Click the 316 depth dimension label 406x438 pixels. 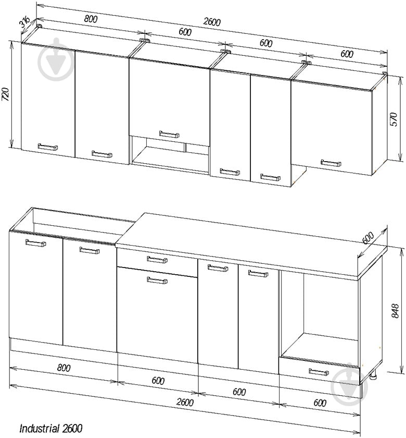click(x=25, y=22)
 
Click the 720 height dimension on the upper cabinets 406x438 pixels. click(x=6, y=94)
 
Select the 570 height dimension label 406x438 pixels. click(x=394, y=119)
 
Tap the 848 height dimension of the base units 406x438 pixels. click(x=395, y=311)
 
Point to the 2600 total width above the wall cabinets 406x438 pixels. click(x=212, y=22)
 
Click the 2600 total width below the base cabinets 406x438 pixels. click(x=185, y=402)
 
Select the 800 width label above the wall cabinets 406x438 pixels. click(x=91, y=19)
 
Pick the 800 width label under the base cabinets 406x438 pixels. click(x=64, y=368)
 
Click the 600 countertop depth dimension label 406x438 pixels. click(x=368, y=238)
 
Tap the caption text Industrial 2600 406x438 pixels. click(x=51, y=428)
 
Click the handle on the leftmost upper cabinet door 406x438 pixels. click(x=48, y=147)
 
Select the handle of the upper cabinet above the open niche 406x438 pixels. click(x=169, y=135)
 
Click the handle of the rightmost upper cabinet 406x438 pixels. click(x=331, y=163)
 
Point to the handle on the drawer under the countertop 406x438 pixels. click(x=157, y=260)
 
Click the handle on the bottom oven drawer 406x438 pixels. click(x=319, y=372)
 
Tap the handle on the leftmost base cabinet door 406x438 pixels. click(x=36, y=243)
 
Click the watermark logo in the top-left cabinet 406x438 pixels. click(x=56, y=59)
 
